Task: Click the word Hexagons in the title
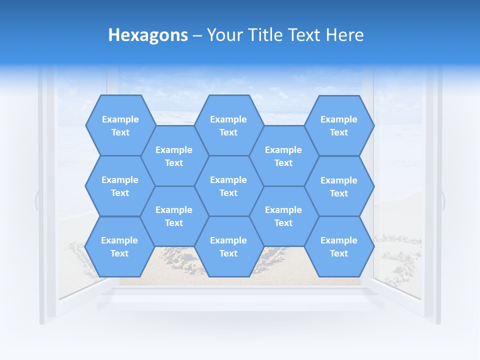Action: [148, 35]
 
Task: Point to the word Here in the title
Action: [345, 35]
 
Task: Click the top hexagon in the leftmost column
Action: [120, 125]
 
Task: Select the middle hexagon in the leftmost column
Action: [120, 186]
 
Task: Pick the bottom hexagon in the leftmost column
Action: [119, 246]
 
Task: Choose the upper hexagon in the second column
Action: [174, 156]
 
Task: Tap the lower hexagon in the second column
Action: [174, 216]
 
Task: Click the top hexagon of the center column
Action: [228, 125]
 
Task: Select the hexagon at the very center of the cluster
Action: [228, 186]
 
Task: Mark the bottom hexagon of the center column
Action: [228, 246]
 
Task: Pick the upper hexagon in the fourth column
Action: [283, 156]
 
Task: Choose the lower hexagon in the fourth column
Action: [283, 216]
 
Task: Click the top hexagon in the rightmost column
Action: [339, 125]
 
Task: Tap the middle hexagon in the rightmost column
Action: [339, 186]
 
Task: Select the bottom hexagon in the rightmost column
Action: [339, 246]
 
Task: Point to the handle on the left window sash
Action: [36, 200]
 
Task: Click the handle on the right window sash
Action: [443, 200]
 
